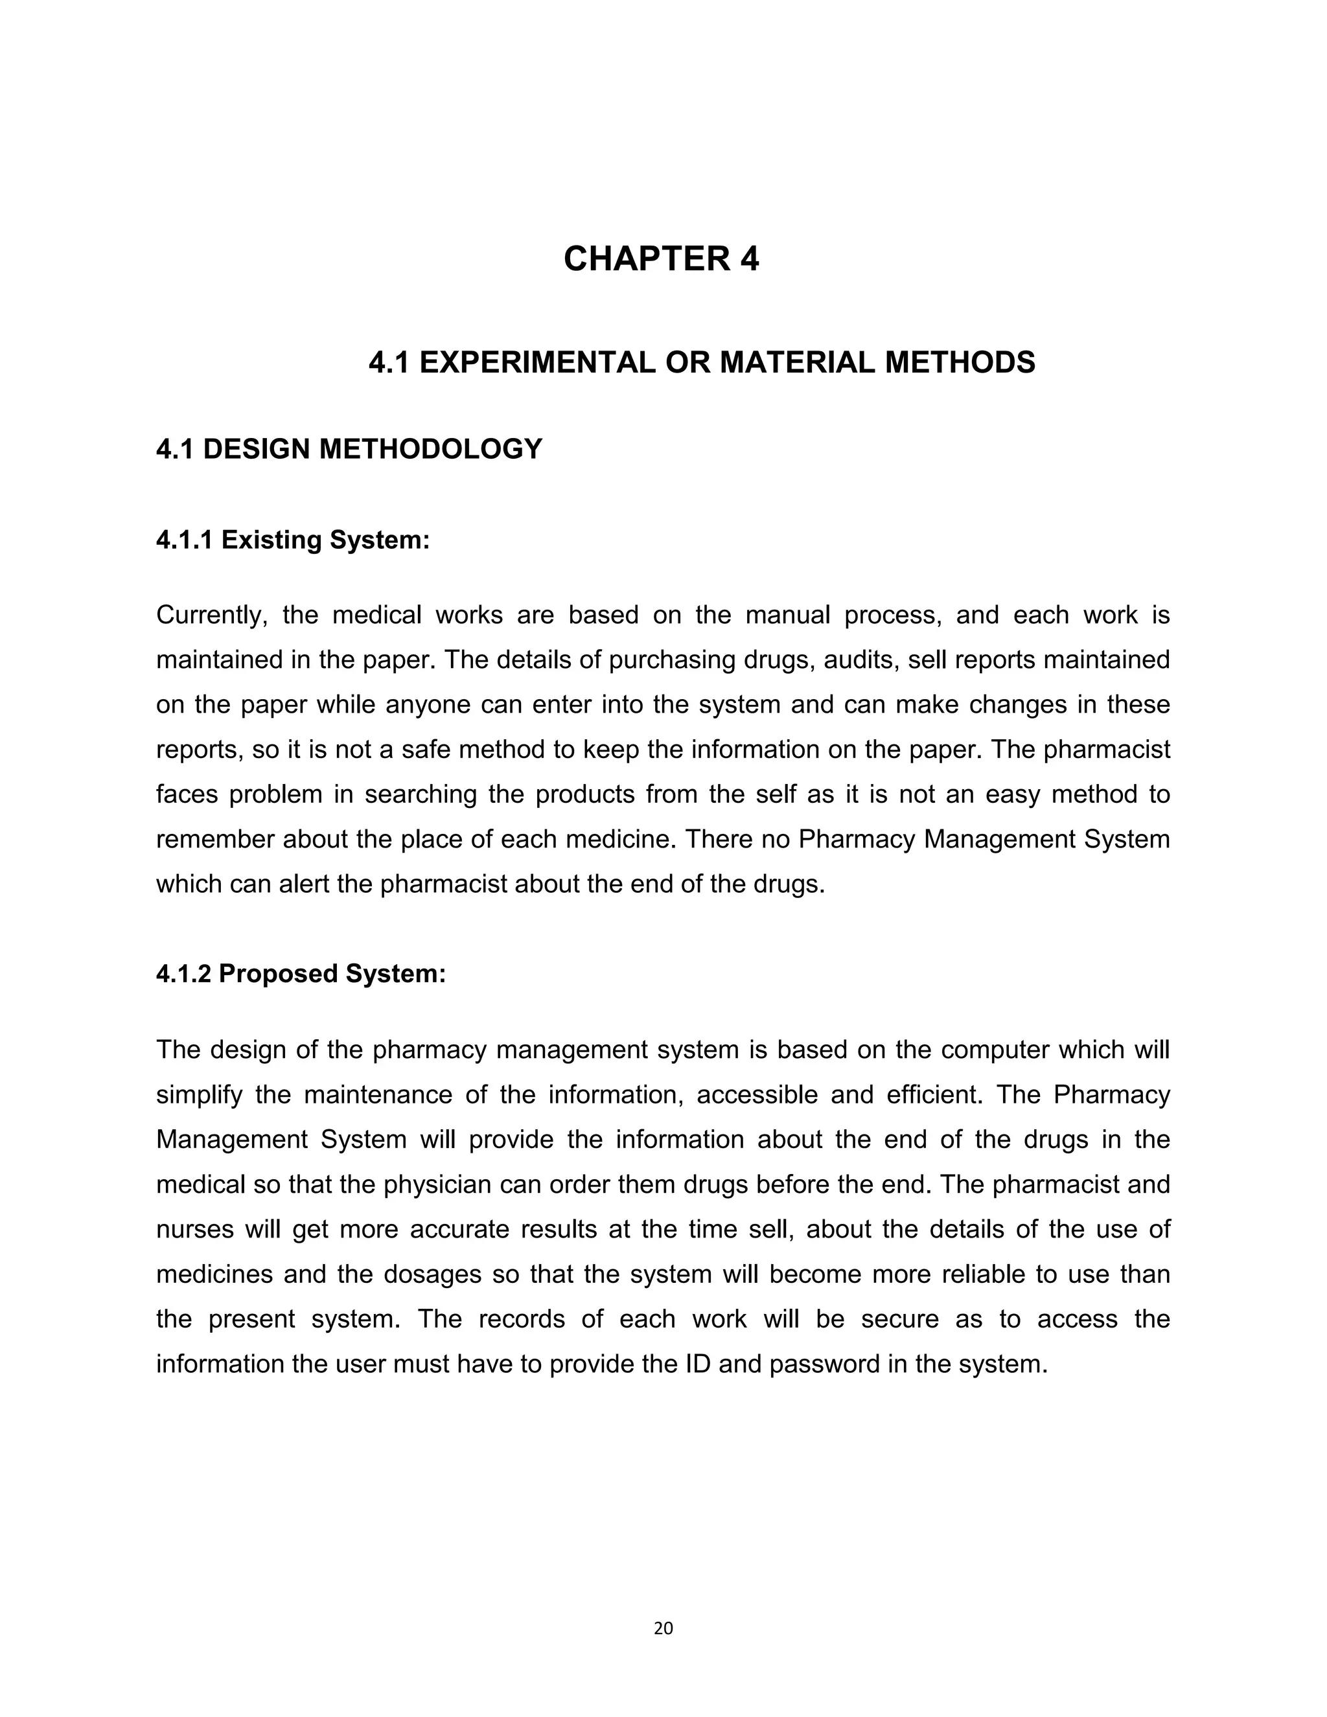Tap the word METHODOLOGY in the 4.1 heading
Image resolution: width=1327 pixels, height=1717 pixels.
431,450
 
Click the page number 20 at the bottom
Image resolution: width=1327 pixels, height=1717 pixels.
663,1628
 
